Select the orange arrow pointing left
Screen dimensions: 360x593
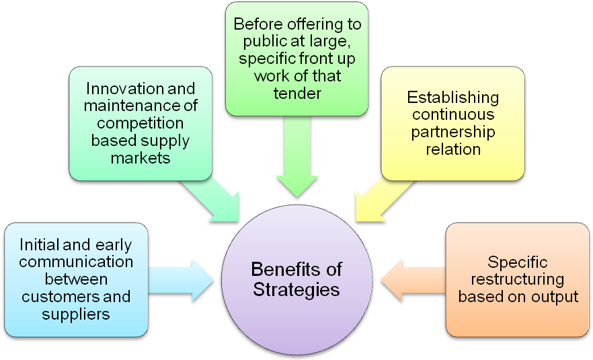point(411,279)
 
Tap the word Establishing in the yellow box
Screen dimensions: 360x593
point(452,98)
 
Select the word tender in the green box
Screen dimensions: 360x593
point(296,93)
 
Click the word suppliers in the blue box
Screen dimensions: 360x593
point(76,314)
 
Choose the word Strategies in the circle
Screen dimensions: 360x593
point(296,290)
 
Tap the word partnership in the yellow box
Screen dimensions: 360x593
point(452,132)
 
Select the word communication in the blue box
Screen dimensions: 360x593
point(76,262)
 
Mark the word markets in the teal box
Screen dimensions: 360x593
point(141,158)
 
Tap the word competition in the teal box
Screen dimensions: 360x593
point(141,124)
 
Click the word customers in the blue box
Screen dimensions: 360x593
point(56,296)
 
